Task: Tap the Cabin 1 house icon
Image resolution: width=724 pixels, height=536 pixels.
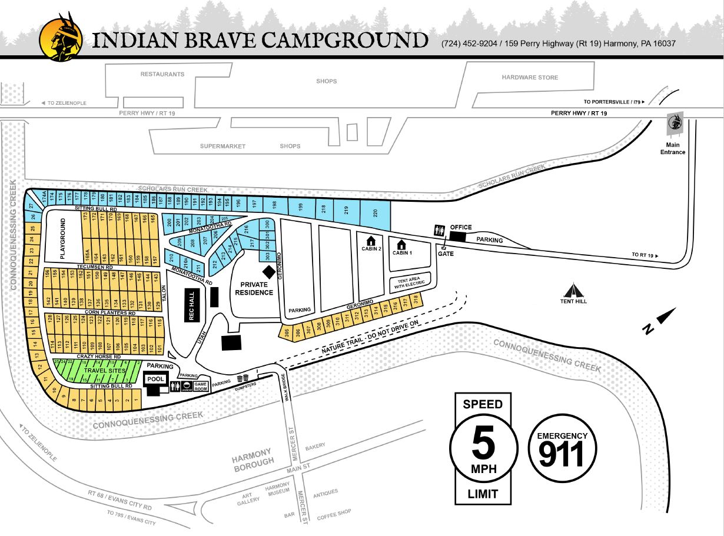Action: (x=401, y=244)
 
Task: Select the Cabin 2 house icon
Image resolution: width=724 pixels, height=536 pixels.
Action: (x=371, y=241)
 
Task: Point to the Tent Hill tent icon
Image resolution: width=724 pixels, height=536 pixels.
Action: (x=573, y=290)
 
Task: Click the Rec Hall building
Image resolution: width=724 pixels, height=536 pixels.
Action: (x=192, y=305)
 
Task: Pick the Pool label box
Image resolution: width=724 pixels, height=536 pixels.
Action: (x=156, y=379)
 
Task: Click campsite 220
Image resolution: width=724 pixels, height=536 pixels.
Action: (x=374, y=214)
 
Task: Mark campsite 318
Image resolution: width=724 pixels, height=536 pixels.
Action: (x=416, y=300)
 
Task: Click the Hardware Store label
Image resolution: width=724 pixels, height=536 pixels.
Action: (x=530, y=78)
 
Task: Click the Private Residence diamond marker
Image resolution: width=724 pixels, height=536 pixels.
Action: (x=268, y=272)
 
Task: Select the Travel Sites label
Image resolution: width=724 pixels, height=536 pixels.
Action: (x=104, y=371)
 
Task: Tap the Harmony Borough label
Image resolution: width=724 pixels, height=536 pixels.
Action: (x=252, y=457)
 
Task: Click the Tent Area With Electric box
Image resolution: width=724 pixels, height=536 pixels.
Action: (x=410, y=282)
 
